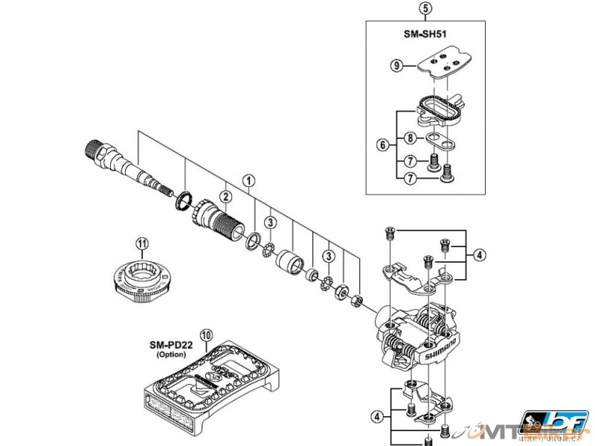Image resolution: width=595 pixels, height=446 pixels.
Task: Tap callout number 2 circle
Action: pos(222,196)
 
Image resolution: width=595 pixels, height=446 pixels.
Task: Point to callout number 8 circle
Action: pos(410,138)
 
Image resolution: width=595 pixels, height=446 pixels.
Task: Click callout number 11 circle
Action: pos(142,242)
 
